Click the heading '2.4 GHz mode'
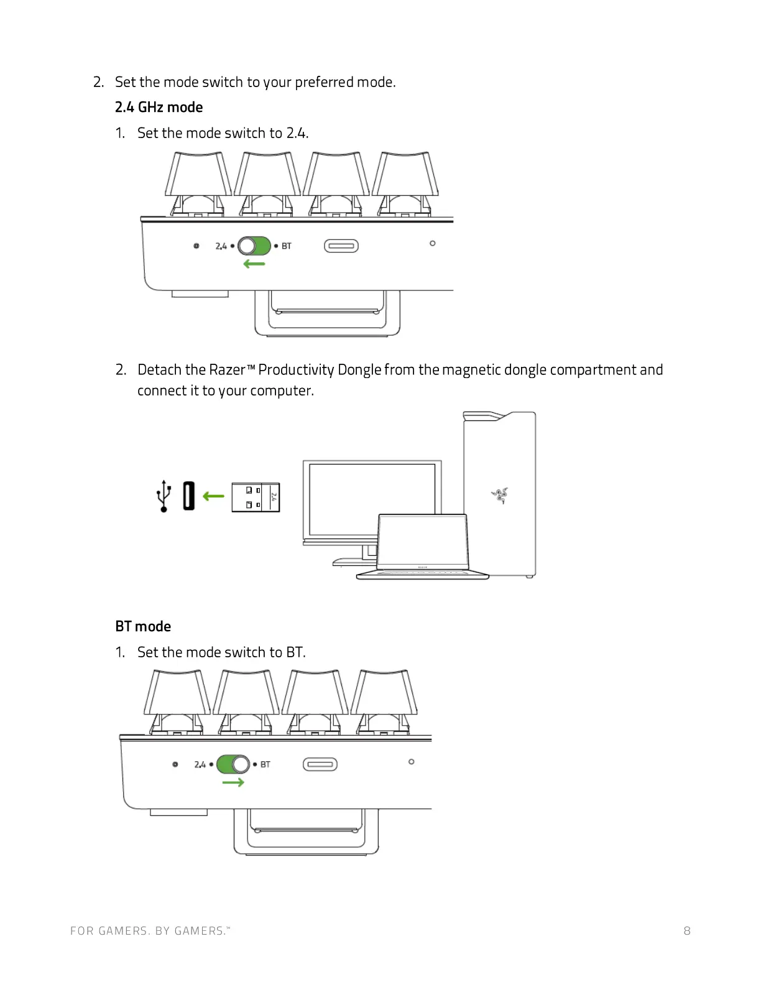[159, 108]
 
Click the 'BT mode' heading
[143, 626]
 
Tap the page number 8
[687, 931]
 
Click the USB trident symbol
[164, 496]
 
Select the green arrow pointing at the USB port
[213, 496]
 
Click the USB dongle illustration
[256, 497]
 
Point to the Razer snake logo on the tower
[500, 496]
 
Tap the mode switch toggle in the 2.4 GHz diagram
[254, 246]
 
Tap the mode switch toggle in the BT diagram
[233, 764]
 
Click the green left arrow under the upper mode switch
[254, 264]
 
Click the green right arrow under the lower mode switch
[233, 782]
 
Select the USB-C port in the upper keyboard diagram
[341, 246]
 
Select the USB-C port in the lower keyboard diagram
[320, 764]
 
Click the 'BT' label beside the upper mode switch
[287, 246]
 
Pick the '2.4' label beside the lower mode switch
[200, 764]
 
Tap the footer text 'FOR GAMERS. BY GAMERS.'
[149, 931]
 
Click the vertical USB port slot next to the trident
[189, 496]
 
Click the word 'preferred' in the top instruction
[323, 82]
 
